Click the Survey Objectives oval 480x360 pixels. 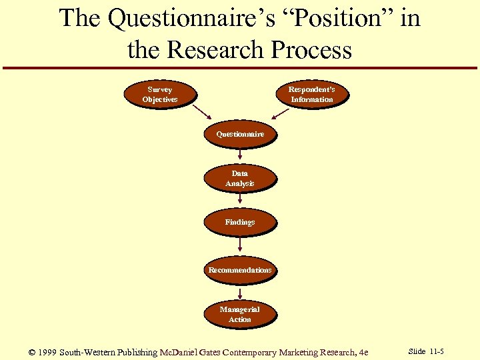[160, 94]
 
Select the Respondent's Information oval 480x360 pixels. [311, 94]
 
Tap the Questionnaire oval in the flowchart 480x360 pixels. [239, 134]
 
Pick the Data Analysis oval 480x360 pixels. [239, 178]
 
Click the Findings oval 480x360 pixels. [239, 222]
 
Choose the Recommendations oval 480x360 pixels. [239, 270]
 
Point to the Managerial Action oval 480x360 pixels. [239, 314]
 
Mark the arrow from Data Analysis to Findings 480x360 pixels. [239, 199]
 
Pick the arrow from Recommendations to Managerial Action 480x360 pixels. [239, 292]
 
